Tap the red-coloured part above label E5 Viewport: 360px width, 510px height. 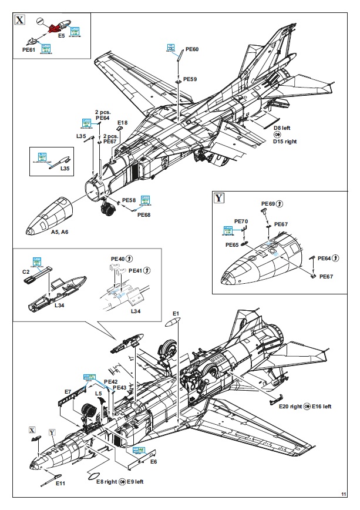[55, 26]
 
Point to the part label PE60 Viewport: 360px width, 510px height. [192, 49]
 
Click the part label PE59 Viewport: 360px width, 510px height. [190, 79]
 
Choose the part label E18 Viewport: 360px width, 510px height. [122, 122]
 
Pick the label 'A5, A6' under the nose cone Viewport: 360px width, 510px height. [55, 233]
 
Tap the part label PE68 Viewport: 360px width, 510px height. [144, 214]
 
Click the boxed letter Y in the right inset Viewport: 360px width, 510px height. [219, 197]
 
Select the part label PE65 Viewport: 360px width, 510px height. [231, 244]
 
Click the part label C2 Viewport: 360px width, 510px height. [26, 272]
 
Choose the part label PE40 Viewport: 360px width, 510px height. [118, 258]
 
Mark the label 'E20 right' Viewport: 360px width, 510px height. [290, 406]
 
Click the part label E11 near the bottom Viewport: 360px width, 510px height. [60, 483]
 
